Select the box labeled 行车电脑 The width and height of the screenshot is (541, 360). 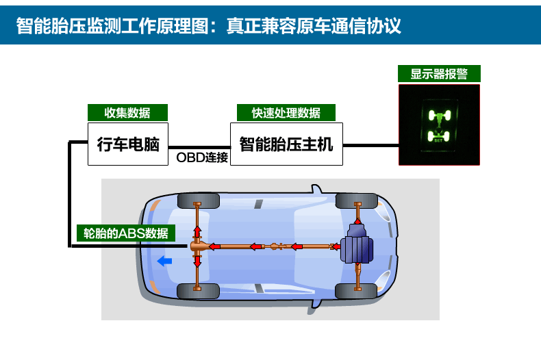128,144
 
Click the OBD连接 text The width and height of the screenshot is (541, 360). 202,157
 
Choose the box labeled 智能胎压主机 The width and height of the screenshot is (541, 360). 286,144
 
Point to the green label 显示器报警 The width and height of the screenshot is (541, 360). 439,74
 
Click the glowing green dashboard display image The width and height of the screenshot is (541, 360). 439,125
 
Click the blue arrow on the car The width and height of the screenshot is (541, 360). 164,261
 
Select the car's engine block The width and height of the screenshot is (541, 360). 357,245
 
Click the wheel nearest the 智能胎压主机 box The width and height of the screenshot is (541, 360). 356,201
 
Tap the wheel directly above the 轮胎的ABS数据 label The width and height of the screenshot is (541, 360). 198,201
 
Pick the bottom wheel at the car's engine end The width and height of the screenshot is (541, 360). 356,291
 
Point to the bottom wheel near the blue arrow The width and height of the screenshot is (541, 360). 198,291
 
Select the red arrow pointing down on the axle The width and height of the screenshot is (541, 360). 197,261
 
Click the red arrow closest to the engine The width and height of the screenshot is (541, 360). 336,246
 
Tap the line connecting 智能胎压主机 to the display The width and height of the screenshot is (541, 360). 370,145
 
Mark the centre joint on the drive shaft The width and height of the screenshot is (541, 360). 276,246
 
